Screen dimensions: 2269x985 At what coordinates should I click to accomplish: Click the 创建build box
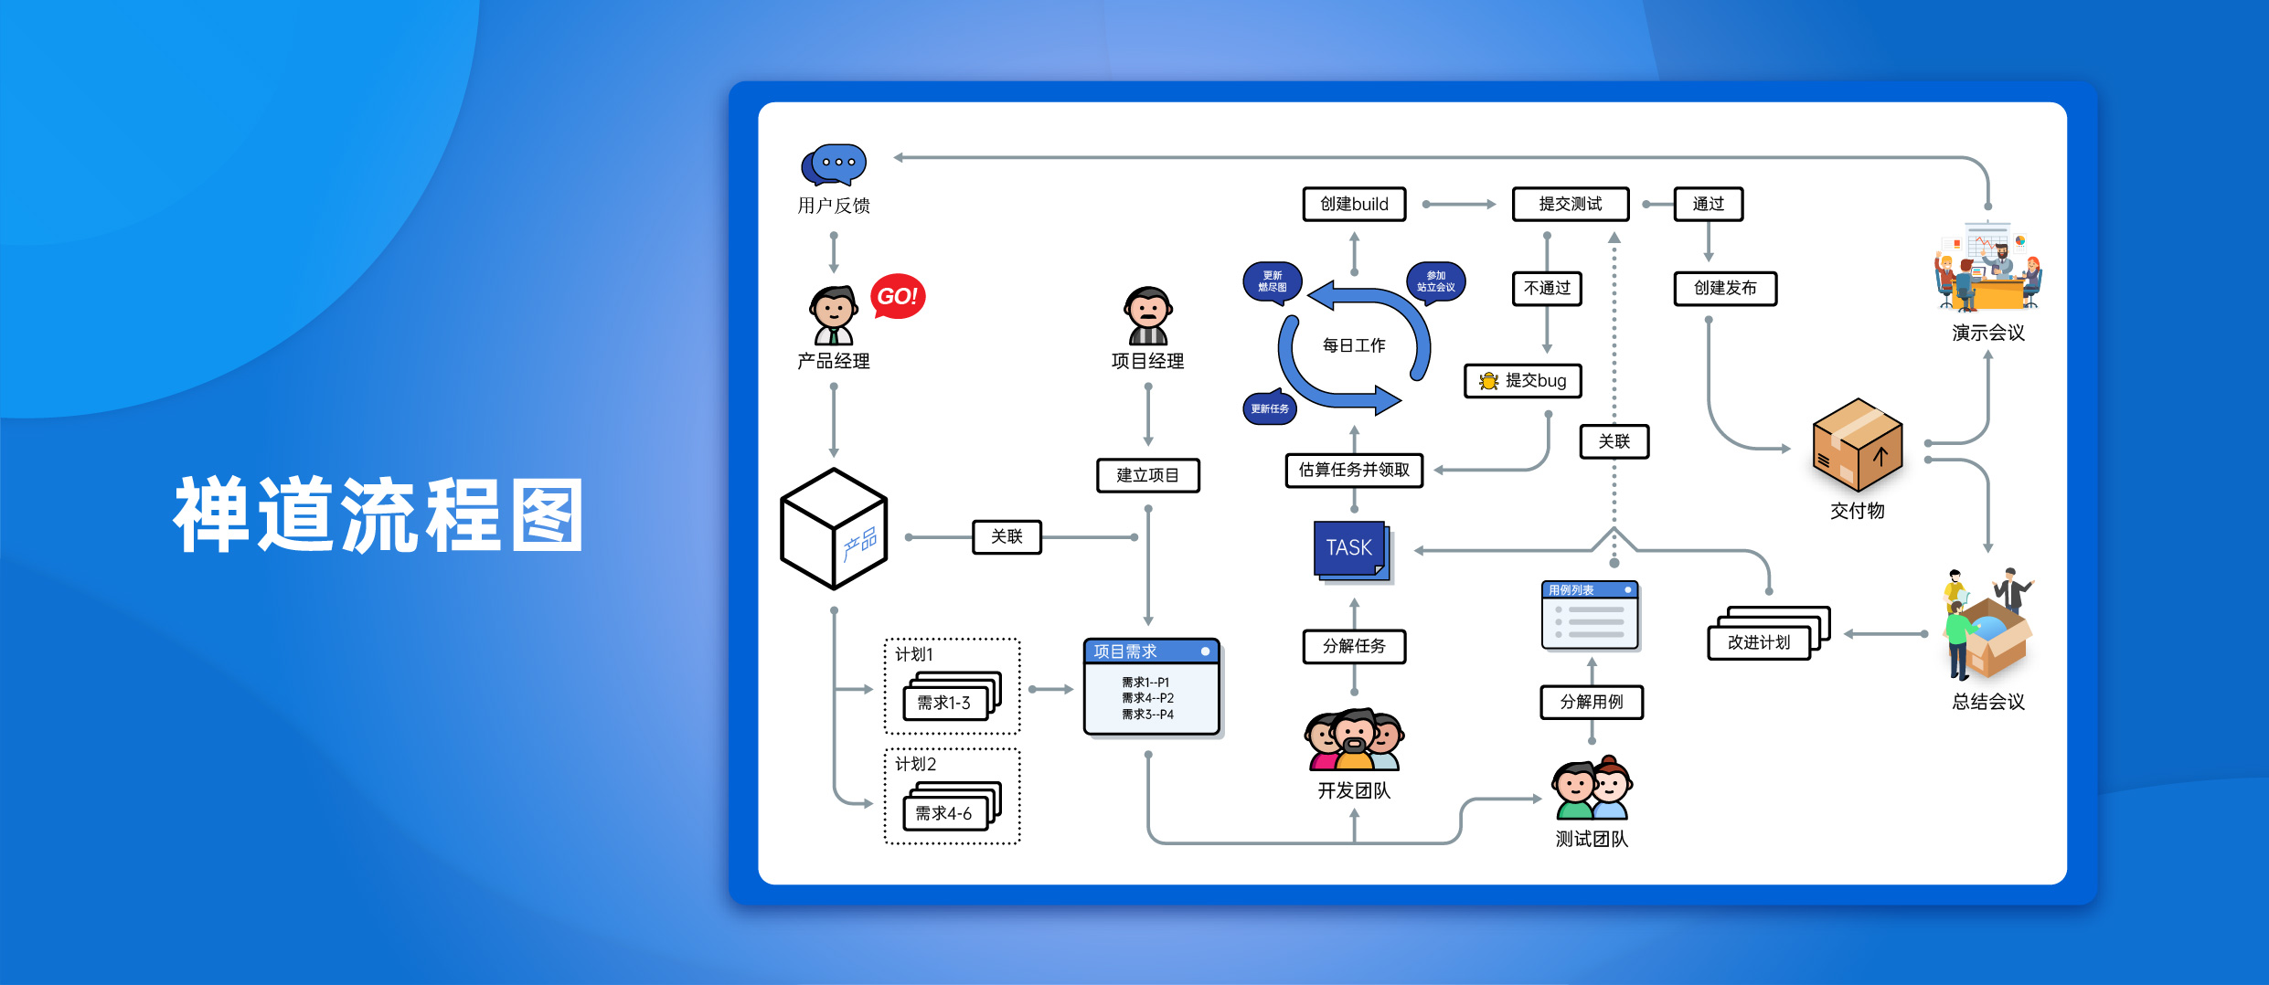click(x=1354, y=204)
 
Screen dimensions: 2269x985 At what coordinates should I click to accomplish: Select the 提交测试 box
click(x=1571, y=204)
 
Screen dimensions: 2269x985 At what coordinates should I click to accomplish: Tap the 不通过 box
click(x=1547, y=288)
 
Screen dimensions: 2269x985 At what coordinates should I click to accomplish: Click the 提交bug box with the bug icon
click(x=1523, y=380)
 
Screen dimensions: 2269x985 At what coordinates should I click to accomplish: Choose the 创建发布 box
click(x=1725, y=288)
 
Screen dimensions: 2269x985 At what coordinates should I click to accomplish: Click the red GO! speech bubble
click(x=898, y=296)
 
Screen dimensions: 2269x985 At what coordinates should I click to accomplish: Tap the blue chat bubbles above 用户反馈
click(x=833, y=164)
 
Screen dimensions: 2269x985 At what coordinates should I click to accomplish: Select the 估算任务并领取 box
click(x=1354, y=470)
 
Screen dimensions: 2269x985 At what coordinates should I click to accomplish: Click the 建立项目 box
click(x=1148, y=475)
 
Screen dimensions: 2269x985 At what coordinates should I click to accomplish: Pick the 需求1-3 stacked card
click(x=952, y=696)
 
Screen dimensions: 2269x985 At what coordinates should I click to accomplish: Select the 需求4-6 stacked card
click(x=952, y=806)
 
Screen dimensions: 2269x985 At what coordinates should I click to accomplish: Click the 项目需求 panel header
click(x=1152, y=651)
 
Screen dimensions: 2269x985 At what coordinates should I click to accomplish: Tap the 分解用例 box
click(x=1592, y=702)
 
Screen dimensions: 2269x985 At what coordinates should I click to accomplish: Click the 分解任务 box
click(x=1354, y=646)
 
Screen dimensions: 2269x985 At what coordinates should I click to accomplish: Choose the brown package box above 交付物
click(x=1858, y=445)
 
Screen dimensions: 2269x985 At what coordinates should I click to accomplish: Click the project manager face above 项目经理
click(x=1148, y=315)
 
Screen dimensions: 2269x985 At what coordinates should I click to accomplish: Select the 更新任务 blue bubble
click(x=1270, y=408)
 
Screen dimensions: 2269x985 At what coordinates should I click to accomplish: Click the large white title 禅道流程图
click(x=378, y=515)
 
